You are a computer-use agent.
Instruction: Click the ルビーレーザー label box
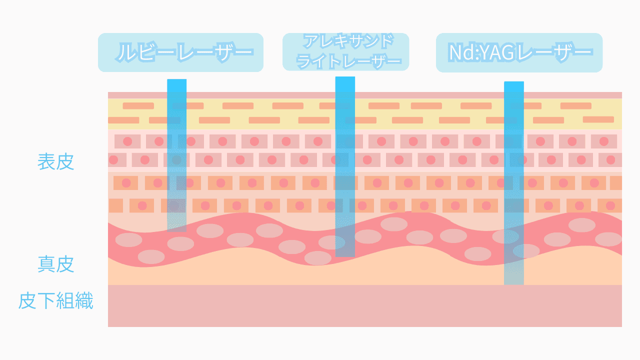pyautogui.click(x=180, y=52)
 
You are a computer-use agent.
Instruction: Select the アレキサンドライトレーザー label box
pyautogui.click(x=345, y=51)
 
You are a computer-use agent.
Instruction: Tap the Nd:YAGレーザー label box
pyautogui.click(x=519, y=52)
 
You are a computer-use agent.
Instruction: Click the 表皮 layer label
pyautogui.click(x=56, y=162)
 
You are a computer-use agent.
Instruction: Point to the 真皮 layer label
pyautogui.click(x=56, y=264)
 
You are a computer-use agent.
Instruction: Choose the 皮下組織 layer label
pyautogui.click(x=56, y=301)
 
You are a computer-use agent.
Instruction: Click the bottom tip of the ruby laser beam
pyautogui.click(x=176, y=229)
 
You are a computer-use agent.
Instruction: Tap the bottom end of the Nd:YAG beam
pyautogui.click(x=513, y=282)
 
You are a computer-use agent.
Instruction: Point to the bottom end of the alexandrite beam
pyautogui.click(x=345, y=254)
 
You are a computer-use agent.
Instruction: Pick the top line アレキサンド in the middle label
pyautogui.click(x=346, y=40)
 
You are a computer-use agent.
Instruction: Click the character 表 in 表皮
pyautogui.click(x=46, y=162)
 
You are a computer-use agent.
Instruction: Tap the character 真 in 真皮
pyautogui.click(x=46, y=264)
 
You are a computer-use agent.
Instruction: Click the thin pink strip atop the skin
pyautogui.click(x=364, y=95)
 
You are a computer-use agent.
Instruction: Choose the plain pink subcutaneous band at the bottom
pyautogui.click(x=364, y=305)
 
